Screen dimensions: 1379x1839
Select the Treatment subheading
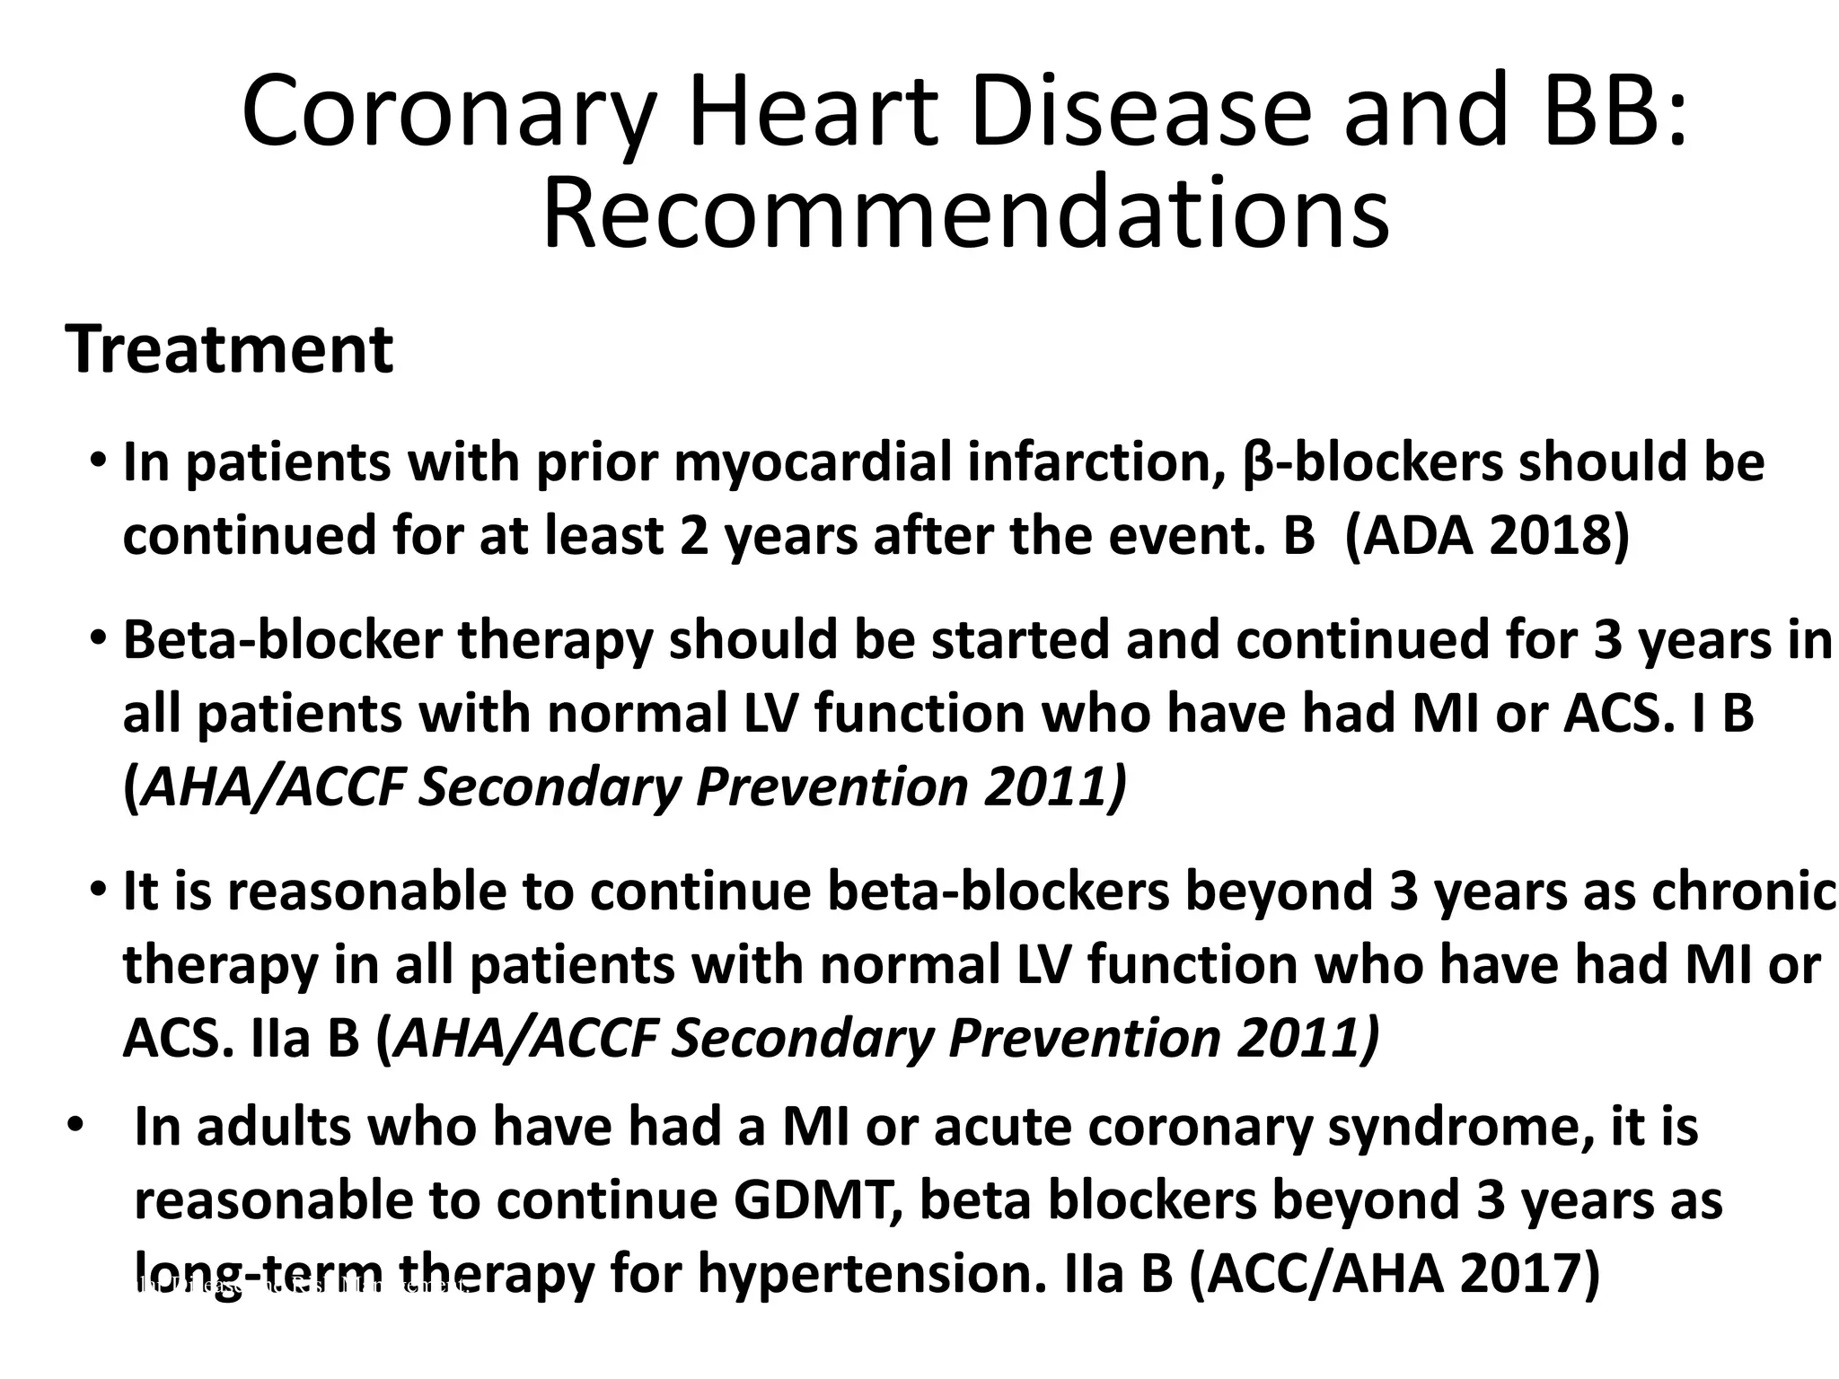(229, 349)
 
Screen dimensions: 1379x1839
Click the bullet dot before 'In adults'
(74, 1126)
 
